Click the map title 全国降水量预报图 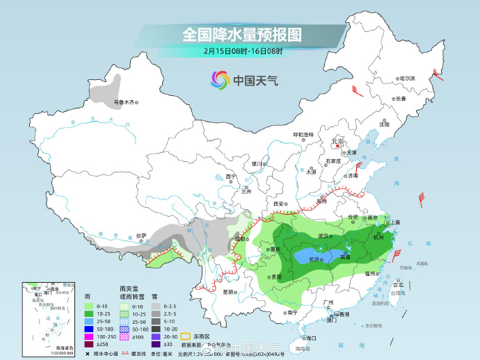(242, 34)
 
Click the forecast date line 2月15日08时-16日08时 (243, 51)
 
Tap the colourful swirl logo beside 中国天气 (220, 80)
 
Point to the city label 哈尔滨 (406, 78)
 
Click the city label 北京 (338, 141)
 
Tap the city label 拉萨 (142, 236)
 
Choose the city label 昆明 (229, 292)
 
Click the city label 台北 (399, 285)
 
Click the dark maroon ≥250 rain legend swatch (88, 344)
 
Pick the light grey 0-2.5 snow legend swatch (158, 306)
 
